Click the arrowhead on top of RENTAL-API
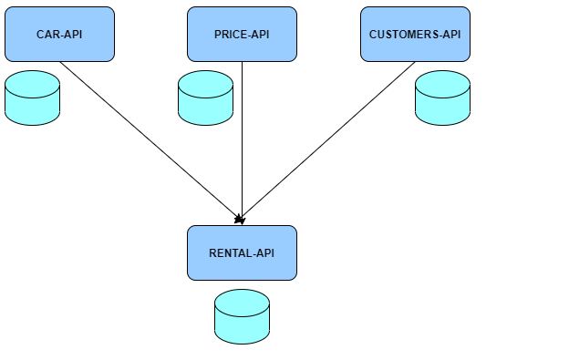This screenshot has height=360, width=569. [240, 219]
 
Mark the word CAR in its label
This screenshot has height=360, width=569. [47, 35]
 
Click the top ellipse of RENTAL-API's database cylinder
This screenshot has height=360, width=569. [242, 302]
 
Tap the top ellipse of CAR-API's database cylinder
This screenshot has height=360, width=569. [33, 83]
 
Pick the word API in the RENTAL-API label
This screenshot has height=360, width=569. [264, 253]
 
